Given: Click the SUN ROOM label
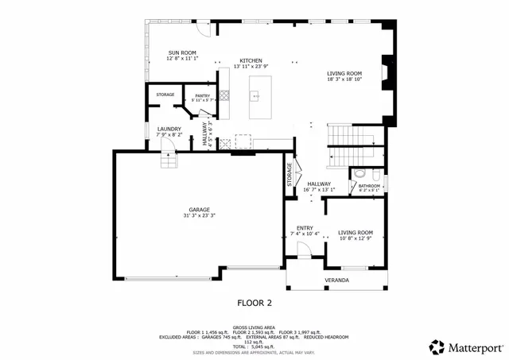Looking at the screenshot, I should [x=182, y=53].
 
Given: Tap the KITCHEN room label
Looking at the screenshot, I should [x=251, y=61].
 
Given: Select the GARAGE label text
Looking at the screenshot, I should [x=200, y=210].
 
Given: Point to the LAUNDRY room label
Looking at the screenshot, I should [x=169, y=129].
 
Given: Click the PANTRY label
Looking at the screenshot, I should [x=203, y=95].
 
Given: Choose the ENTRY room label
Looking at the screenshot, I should [x=305, y=227].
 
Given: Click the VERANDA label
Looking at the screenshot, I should [x=336, y=281].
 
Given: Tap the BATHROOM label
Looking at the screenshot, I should [x=369, y=186].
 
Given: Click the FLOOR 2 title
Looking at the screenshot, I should [x=254, y=303].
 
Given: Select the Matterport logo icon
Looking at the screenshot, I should [x=437, y=346].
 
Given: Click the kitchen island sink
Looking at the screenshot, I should [x=257, y=96].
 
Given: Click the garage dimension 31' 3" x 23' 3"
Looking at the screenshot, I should [x=200, y=216].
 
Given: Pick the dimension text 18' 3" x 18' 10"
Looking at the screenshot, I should [x=345, y=79].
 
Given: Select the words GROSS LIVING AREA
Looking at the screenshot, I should [x=254, y=326].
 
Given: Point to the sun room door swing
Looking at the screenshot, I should [x=202, y=30].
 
